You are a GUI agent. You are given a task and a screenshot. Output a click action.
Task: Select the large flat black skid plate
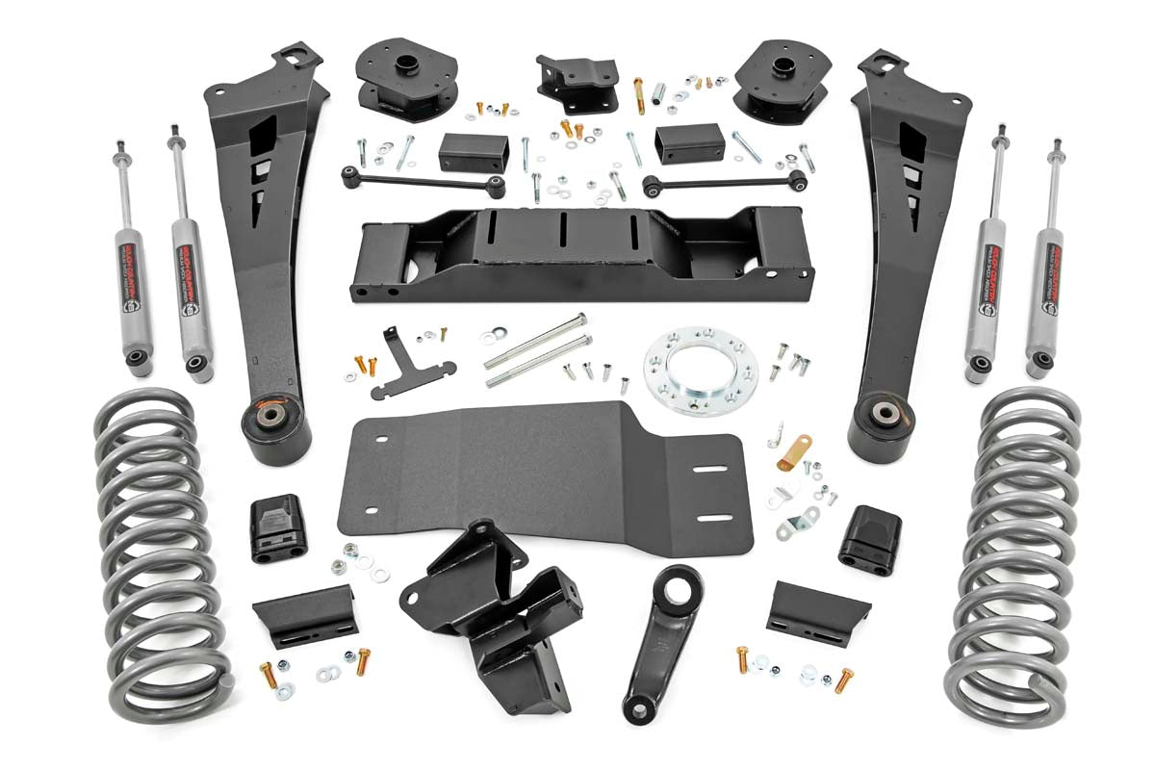tap(539, 472)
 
